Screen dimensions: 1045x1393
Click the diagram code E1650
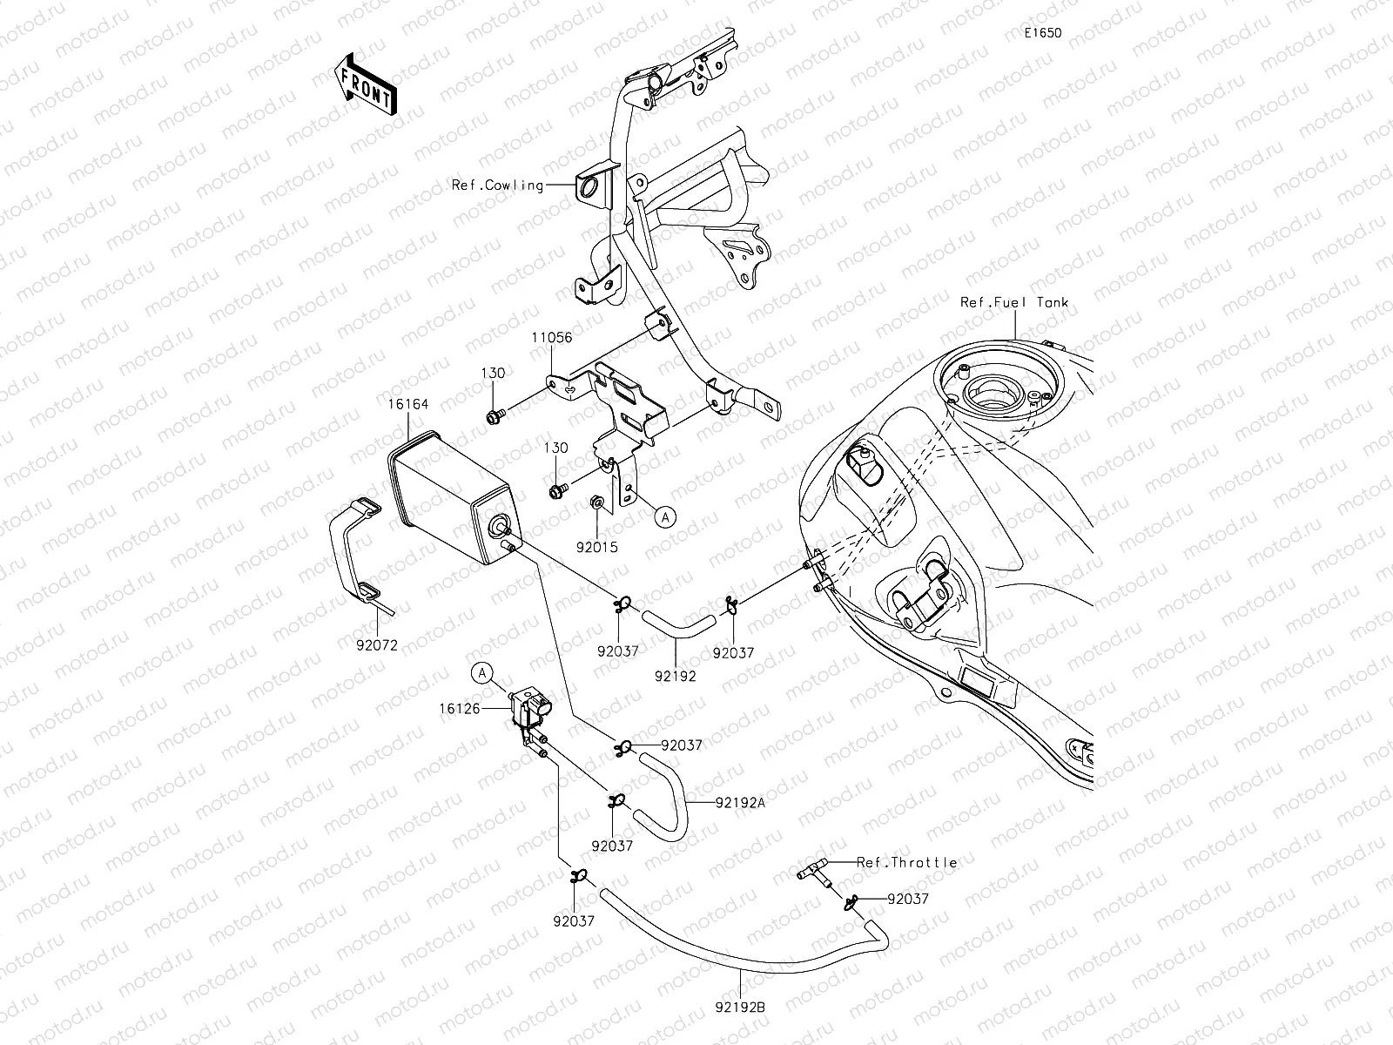[1042, 33]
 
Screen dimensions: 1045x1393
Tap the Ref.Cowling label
[496, 185]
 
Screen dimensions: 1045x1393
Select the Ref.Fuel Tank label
[1013, 302]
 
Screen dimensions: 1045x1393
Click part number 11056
[553, 337]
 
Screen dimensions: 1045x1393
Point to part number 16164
[408, 404]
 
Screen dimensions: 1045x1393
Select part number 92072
[377, 645]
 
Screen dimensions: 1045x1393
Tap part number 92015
[596, 547]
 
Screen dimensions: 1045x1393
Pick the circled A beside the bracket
[664, 517]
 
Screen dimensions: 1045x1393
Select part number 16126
[461, 710]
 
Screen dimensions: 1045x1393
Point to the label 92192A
[740, 802]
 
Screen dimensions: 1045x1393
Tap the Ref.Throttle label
[906, 862]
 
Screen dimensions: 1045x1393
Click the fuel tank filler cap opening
[1001, 394]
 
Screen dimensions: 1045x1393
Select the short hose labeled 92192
[677, 621]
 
